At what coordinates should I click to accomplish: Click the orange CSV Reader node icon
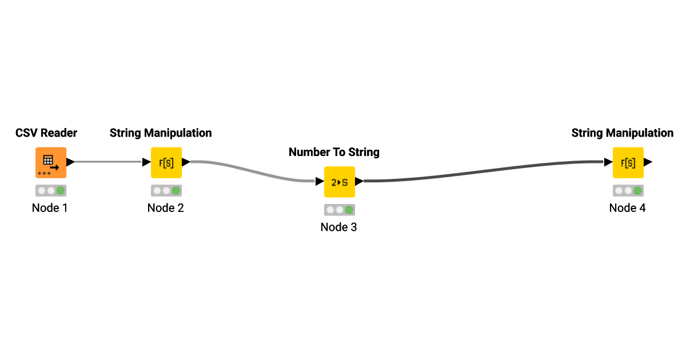point(51,162)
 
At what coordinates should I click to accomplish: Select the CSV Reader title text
point(46,133)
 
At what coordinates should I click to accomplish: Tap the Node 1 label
point(50,208)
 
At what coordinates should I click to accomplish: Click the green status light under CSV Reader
point(61,190)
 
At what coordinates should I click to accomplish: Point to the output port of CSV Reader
point(70,162)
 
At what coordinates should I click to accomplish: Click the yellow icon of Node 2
point(166,162)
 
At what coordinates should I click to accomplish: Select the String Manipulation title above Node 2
point(161,133)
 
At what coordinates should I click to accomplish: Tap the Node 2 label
point(165,208)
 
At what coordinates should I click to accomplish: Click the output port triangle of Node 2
point(186,162)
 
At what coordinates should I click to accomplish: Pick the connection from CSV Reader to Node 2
point(109,162)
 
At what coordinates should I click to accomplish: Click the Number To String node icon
point(340,182)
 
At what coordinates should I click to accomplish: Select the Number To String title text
point(334,153)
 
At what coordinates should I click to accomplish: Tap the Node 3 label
point(338,227)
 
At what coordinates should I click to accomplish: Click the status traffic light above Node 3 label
point(340,210)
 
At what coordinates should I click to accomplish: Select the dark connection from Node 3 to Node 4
point(486,173)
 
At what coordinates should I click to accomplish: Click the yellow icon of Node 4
point(628,162)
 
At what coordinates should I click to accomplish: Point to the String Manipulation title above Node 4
point(623,133)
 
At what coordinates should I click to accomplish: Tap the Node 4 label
point(627,208)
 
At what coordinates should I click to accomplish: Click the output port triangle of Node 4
point(648,162)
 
